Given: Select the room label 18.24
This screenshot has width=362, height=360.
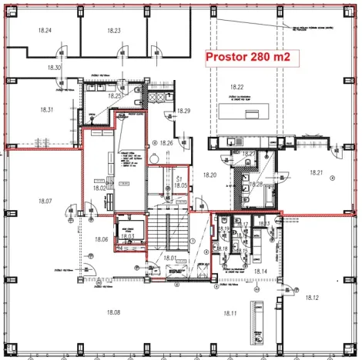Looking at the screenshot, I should (x=45, y=30).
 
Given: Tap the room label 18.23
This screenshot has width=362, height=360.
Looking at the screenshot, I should (x=113, y=30).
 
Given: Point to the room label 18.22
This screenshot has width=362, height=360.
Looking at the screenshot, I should (x=236, y=87).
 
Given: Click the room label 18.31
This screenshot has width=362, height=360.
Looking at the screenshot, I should (x=45, y=110).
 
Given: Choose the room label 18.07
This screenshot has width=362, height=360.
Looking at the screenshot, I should (x=44, y=201).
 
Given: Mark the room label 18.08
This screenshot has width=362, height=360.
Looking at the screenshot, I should (x=113, y=312).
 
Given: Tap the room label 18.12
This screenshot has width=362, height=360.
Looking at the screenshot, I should (x=311, y=297).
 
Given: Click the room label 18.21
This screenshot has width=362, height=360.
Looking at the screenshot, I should (x=315, y=172).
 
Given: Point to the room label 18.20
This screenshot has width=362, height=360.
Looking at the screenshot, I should (x=210, y=175).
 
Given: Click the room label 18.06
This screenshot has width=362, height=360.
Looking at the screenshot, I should (x=102, y=240).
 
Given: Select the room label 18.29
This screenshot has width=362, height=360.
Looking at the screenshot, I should (x=183, y=112).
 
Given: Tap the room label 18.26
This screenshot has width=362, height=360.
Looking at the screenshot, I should (x=167, y=142).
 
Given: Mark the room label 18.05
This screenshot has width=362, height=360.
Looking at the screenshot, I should (x=180, y=185).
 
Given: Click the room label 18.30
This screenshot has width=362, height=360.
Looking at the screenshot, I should (x=54, y=68).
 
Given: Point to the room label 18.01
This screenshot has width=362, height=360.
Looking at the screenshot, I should (x=170, y=258).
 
